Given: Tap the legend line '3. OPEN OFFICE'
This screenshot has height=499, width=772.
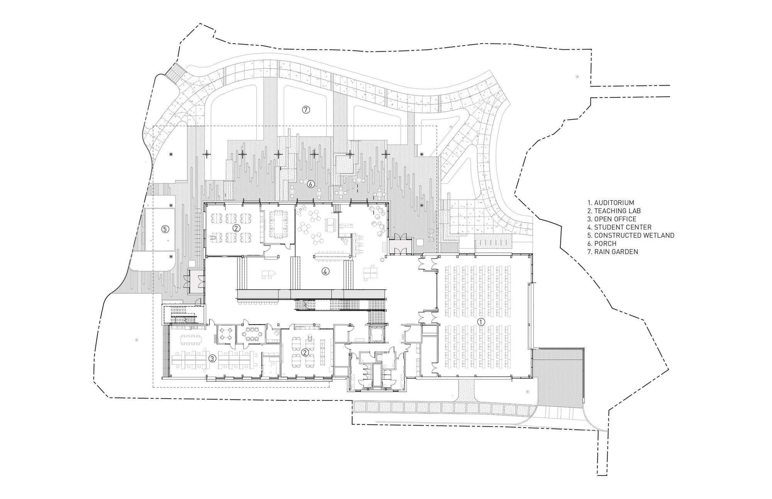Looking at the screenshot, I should [x=612, y=219].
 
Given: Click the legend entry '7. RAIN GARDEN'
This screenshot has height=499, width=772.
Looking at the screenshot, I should [x=613, y=251].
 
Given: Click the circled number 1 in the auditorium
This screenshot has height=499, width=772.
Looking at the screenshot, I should [x=481, y=321].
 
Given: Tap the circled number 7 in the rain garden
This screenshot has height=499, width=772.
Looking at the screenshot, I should [x=305, y=110].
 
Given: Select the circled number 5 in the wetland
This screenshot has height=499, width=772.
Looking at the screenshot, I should [x=165, y=229].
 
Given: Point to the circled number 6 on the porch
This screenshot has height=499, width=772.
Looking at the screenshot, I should [x=311, y=184].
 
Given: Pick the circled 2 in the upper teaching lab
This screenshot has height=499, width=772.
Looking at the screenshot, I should [x=236, y=228].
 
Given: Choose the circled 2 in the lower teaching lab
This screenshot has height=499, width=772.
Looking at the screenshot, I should [x=305, y=352].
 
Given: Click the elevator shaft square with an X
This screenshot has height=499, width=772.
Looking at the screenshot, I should [x=376, y=334].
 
